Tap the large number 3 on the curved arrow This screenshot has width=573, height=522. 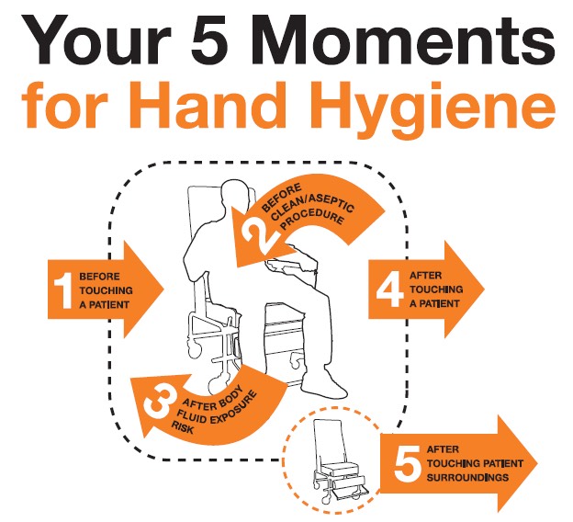pyautogui.click(x=158, y=403)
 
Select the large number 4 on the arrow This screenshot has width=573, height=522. pyautogui.click(x=390, y=289)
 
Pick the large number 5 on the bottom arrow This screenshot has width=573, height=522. pyautogui.click(x=407, y=464)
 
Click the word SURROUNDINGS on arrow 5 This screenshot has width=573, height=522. pyautogui.click(x=467, y=477)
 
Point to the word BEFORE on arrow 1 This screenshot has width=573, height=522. pyautogui.click(x=99, y=277)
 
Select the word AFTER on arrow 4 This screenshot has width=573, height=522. pyautogui.click(x=425, y=275)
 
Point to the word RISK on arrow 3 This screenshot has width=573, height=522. pyautogui.click(x=183, y=427)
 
